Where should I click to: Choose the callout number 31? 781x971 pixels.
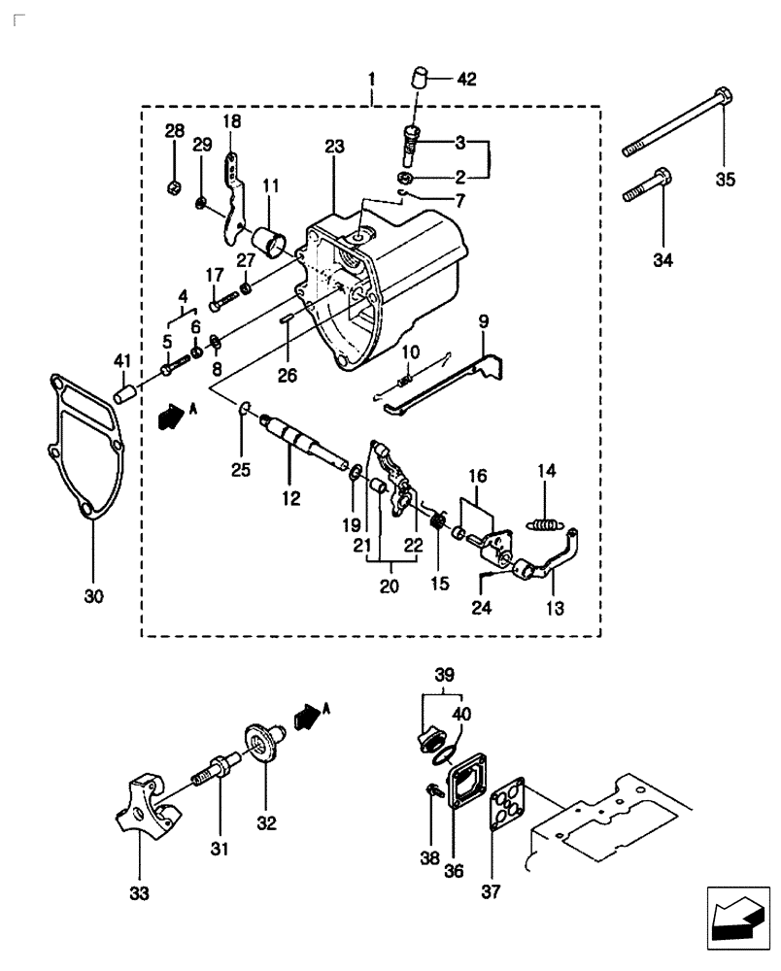pos(220,849)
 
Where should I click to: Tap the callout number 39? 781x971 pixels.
pos(444,674)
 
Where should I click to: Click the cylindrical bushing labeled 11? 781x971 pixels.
pos(268,238)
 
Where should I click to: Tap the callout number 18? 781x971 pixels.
pos(231,121)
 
